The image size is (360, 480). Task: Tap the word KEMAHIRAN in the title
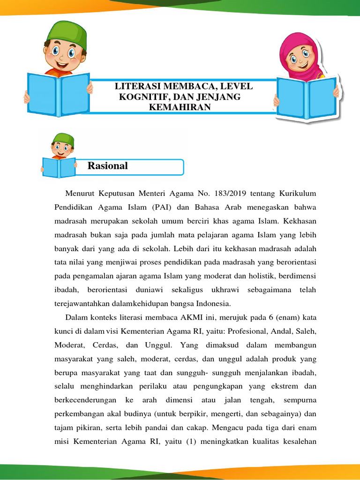[x=179, y=107]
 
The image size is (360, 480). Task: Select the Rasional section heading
[x=107, y=165]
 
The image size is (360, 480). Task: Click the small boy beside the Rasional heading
[x=60, y=155]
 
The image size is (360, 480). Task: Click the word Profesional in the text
[x=248, y=331]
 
